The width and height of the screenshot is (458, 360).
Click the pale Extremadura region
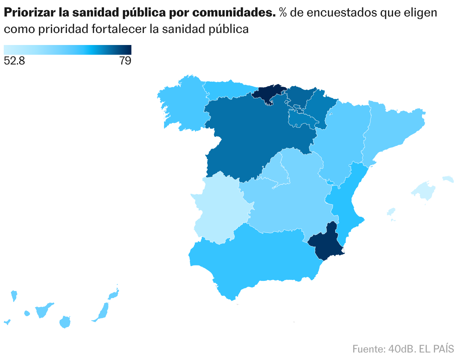point(218,210)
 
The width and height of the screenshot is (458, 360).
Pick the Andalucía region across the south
point(255,259)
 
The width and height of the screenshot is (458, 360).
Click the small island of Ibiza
point(391,212)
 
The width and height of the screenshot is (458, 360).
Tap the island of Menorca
point(448,178)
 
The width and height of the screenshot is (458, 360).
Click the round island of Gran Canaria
point(65,322)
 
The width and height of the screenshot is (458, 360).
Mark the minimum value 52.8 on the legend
point(14,61)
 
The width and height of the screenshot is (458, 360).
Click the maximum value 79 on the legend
point(125,61)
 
